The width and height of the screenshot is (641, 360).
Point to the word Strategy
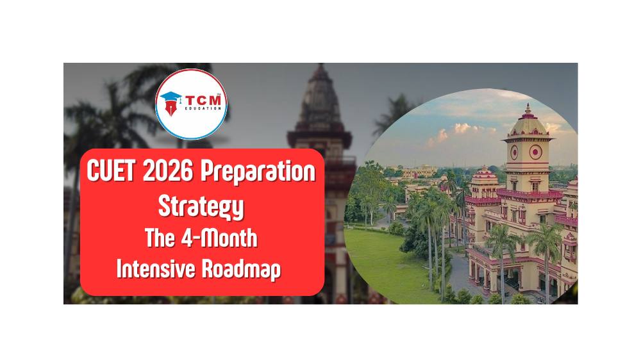tap(201, 206)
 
